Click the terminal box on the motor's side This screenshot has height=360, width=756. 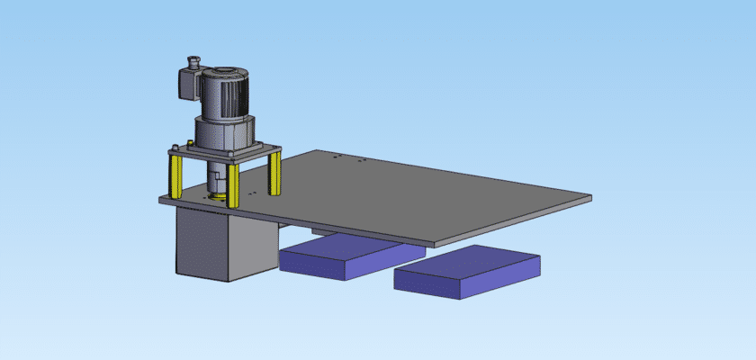186,83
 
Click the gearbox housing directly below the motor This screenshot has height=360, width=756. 220,135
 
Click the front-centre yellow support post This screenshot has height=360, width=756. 234,184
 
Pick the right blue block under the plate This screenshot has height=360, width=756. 468,270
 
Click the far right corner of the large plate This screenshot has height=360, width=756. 589,196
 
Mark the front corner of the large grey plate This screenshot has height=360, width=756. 436,243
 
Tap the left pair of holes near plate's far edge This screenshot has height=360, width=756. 337,157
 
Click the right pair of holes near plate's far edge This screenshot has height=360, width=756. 359,161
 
